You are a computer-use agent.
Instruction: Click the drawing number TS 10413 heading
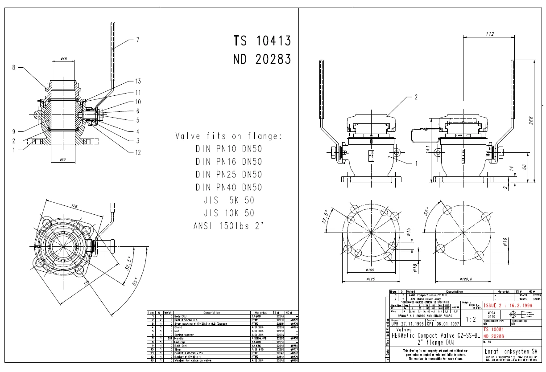[x=262, y=41]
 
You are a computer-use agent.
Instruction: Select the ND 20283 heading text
[x=262, y=59]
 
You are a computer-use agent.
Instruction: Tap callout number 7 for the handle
[x=137, y=40]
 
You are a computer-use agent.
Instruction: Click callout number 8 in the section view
[x=14, y=68]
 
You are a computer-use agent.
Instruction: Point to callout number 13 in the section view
[x=138, y=81]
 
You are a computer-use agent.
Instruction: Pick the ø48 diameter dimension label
[x=63, y=58]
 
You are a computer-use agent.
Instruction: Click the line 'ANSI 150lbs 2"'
[x=228, y=226]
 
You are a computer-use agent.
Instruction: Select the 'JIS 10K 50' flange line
[x=228, y=213]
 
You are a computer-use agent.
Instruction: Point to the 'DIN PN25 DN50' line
[x=228, y=174]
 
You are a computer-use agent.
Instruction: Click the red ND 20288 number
[x=496, y=336]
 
